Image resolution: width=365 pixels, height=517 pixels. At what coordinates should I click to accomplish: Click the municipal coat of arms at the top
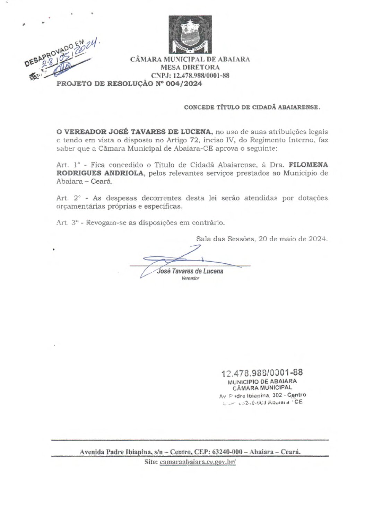[190, 34]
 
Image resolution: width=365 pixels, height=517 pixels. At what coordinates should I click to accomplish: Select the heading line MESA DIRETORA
[190, 67]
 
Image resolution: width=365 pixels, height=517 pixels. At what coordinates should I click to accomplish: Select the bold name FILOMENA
[308, 165]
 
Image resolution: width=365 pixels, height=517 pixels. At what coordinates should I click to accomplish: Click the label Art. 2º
[68, 198]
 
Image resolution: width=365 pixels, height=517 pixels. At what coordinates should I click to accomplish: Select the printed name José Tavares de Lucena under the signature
[190, 271]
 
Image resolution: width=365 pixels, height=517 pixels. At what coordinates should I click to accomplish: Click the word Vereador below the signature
[190, 279]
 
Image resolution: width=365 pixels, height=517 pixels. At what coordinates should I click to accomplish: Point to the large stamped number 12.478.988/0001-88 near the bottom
[262, 373]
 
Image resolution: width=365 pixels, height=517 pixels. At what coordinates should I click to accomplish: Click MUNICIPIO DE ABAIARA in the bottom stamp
[262, 382]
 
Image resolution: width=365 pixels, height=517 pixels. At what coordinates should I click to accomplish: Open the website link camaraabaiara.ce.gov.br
[198, 462]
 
